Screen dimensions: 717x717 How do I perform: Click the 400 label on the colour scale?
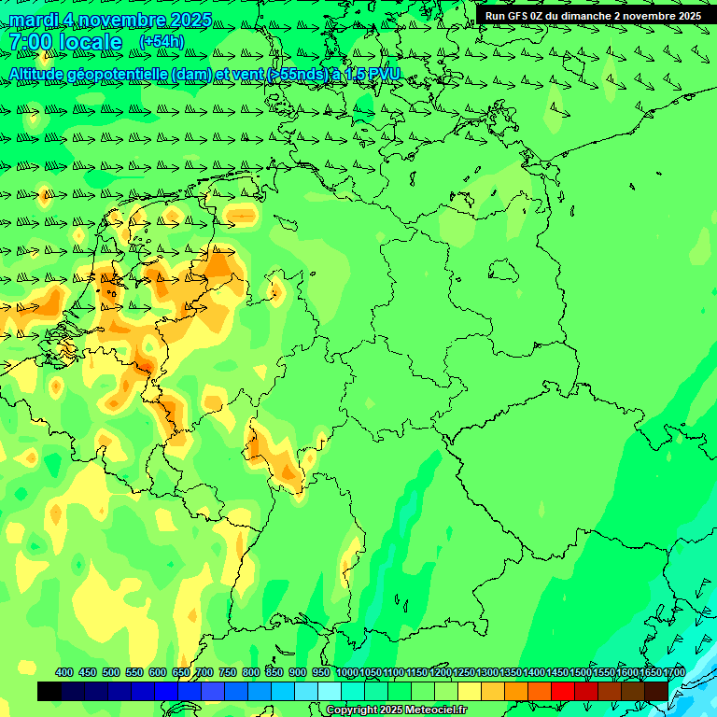tap(64, 672)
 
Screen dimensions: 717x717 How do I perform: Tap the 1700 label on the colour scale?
tap(674, 672)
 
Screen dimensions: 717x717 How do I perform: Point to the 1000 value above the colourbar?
tap(347, 672)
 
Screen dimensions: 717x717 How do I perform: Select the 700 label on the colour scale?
tap(204, 672)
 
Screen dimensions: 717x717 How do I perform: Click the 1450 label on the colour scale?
tap(557, 672)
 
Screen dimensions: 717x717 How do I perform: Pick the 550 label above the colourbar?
tap(134, 672)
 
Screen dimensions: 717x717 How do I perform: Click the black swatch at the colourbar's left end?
tap(49, 691)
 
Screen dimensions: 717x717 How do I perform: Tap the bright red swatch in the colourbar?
tap(563, 691)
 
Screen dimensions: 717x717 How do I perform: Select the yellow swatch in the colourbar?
tap(470, 691)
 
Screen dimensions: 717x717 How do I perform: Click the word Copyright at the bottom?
tap(352, 710)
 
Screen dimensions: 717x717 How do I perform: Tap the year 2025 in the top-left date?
tap(186, 20)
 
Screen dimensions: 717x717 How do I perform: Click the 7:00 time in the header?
tap(29, 42)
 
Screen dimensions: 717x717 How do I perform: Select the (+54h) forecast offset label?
tap(162, 42)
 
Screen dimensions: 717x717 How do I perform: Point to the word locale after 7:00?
tap(90, 42)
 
